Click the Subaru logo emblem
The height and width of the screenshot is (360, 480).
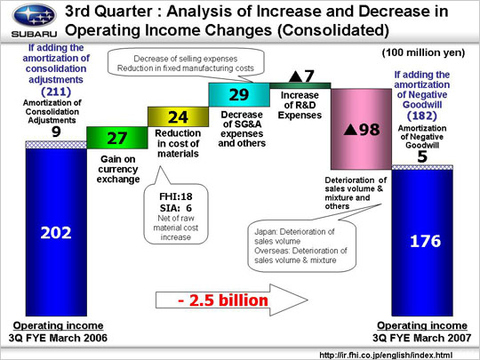coord(35,15)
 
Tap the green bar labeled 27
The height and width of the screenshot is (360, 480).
coord(117,138)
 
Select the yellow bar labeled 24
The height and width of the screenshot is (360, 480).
coord(178,116)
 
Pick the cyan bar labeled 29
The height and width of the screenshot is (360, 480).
coord(239,94)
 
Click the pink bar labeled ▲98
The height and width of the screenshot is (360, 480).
coord(361,129)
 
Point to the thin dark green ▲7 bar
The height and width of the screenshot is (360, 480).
coord(300,85)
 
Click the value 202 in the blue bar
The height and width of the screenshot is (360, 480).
coord(56,233)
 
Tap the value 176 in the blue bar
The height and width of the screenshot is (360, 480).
coord(425,241)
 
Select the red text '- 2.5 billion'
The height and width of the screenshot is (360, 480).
coord(223,300)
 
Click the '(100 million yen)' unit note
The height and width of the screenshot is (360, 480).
coord(423,52)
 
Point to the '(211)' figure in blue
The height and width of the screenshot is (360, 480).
coord(56,92)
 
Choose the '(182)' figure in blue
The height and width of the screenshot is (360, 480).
coord(422,116)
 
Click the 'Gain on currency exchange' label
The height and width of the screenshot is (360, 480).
coord(118,169)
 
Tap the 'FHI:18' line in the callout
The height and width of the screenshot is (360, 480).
coord(176,196)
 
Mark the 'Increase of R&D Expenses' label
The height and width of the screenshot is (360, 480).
coord(300,105)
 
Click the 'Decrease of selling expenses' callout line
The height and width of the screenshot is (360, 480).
coord(186,59)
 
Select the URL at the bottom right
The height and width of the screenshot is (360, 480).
coord(386,355)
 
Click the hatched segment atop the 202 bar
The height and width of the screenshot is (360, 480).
coord(56,145)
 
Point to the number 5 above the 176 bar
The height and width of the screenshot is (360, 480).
coord(422,156)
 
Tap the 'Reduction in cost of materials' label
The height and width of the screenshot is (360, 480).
coord(178,143)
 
